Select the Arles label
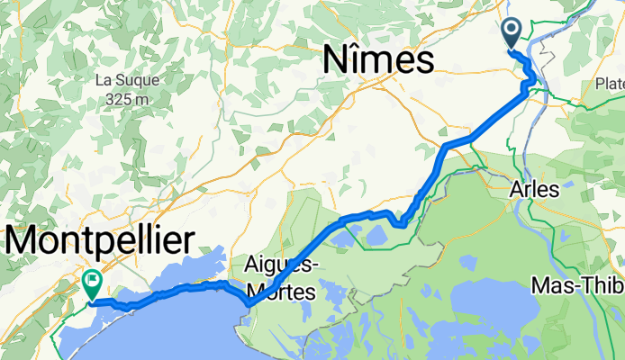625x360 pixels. click(x=534, y=190)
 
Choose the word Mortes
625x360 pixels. click(x=279, y=292)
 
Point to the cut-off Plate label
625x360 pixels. click(x=609, y=84)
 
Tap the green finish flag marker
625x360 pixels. click(x=92, y=283)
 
